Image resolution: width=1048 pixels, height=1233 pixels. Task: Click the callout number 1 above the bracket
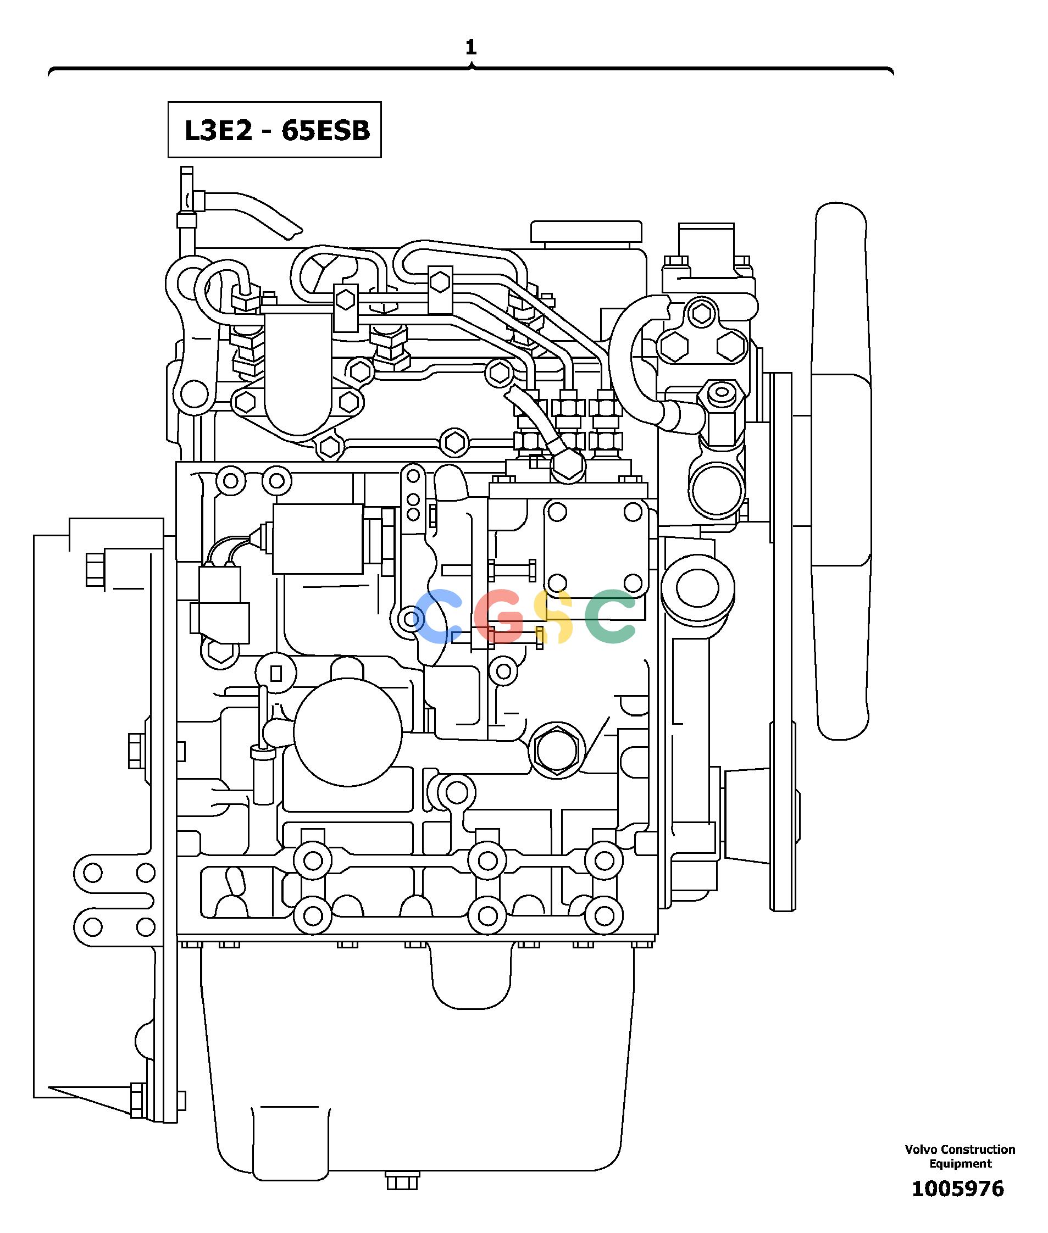471,47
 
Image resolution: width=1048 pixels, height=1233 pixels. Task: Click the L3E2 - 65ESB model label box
274,130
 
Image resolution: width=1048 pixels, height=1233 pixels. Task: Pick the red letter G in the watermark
499,616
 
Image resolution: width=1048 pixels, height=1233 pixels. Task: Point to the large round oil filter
347,732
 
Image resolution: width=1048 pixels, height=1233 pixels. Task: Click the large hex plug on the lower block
557,750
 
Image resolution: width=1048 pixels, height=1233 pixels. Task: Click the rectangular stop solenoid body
318,538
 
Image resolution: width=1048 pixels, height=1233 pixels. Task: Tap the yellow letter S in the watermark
553,616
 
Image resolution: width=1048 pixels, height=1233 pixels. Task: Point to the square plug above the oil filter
276,673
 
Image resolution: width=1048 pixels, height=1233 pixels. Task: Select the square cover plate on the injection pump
596,546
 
